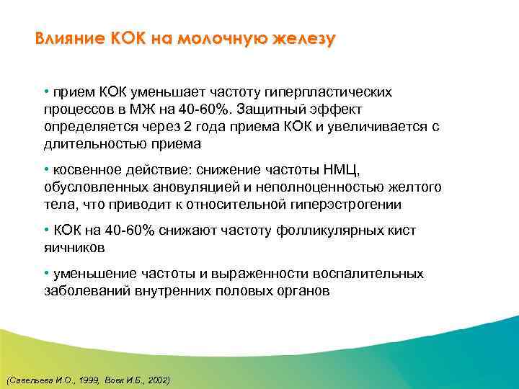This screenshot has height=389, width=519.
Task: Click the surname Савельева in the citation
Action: coord(25,379)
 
